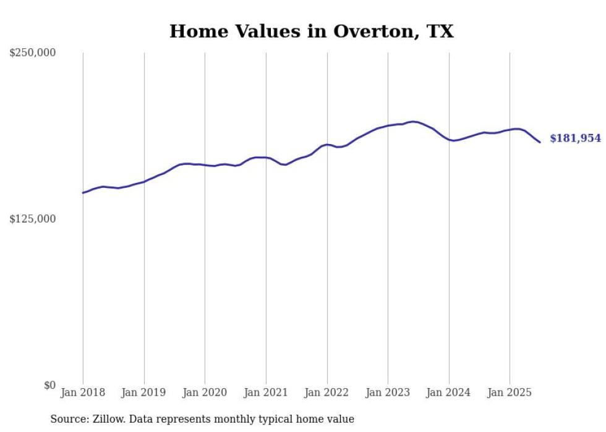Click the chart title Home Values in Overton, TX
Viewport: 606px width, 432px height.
[x=311, y=31]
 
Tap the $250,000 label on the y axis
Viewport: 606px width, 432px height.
[x=32, y=53]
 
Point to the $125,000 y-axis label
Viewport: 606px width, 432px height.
[x=32, y=219]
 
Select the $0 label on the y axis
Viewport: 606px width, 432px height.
[x=49, y=385]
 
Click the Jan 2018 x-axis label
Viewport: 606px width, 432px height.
[x=83, y=392]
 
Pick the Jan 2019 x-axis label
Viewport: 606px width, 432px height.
[x=144, y=392]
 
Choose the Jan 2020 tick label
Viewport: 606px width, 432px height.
[x=205, y=392]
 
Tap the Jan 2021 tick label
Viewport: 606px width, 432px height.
[x=266, y=392]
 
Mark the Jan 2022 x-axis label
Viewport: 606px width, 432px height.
[x=326, y=392]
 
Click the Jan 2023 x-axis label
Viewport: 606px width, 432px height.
[x=388, y=392]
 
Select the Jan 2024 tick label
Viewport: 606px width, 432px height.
[x=448, y=392]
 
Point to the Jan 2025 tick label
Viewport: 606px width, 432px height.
[x=510, y=392]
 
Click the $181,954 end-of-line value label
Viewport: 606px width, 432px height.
[x=575, y=138]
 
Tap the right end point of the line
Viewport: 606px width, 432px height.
[x=540, y=143]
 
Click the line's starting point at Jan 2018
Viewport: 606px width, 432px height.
[x=83, y=193]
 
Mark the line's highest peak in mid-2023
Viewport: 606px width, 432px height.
[x=413, y=121]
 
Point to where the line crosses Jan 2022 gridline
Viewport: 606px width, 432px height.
[x=326, y=144]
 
